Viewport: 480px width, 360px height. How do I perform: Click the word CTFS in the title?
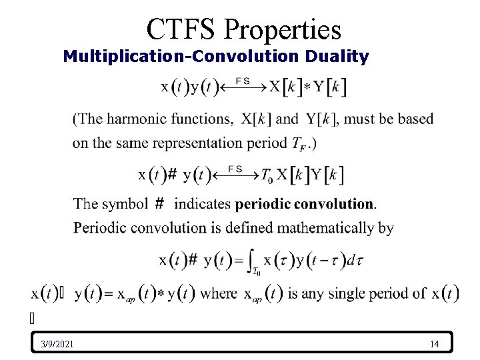pos(181,29)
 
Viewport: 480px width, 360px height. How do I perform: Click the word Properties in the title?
pos(283,29)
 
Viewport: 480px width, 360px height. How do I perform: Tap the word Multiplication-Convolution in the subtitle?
pos(181,57)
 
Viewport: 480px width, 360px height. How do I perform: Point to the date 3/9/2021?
pos(57,344)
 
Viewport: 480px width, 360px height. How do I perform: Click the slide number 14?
pos(434,344)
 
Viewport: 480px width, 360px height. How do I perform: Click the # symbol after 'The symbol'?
pos(160,203)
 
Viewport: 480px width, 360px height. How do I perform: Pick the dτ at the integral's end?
pos(353,260)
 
